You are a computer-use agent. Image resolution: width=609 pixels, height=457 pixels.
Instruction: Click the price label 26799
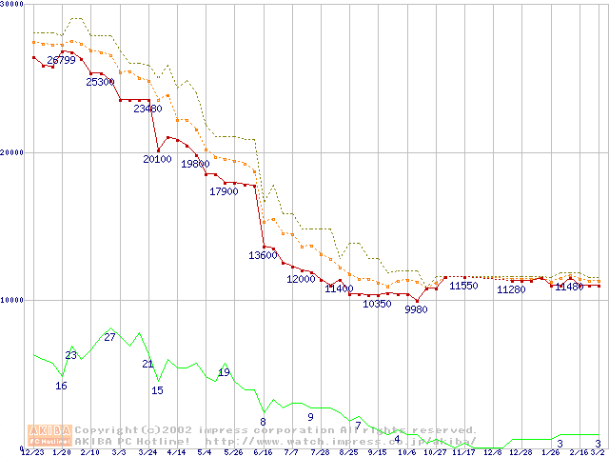click(x=61, y=60)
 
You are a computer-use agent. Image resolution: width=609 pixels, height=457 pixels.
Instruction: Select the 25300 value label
click(x=100, y=82)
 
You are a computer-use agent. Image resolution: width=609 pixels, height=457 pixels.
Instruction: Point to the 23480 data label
click(x=147, y=109)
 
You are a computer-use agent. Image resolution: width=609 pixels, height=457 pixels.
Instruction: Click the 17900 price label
click(x=223, y=191)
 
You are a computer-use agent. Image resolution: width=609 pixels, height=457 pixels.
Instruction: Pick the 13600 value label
click(x=263, y=255)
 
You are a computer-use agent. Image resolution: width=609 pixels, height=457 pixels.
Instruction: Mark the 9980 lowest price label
click(x=416, y=309)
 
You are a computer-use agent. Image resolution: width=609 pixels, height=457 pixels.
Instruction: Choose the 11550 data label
click(x=463, y=286)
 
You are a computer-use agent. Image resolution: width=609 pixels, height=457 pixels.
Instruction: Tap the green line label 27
click(x=109, y=337)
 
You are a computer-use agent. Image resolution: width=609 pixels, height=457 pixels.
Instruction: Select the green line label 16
click(x=61, y=386)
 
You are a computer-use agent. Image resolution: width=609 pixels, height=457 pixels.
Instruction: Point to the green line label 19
click(x=224, y=372)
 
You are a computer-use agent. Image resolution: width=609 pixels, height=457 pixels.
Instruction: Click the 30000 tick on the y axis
click(x=12, y=4)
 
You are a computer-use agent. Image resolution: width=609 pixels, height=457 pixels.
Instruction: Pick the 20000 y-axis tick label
click(x=12, y=152)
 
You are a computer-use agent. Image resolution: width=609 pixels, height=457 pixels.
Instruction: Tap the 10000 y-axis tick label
click(x=12, y=300)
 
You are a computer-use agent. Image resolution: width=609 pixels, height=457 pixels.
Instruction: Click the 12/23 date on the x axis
click(x=31, y=452)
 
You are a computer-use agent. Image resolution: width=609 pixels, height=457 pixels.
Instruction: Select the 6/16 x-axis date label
click(x=263, y=452)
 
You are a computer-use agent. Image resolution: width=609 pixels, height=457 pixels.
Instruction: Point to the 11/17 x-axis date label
click(x=463, y=452)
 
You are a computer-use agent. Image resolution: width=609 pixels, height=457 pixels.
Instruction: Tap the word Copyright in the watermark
click(x=108, y=430)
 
